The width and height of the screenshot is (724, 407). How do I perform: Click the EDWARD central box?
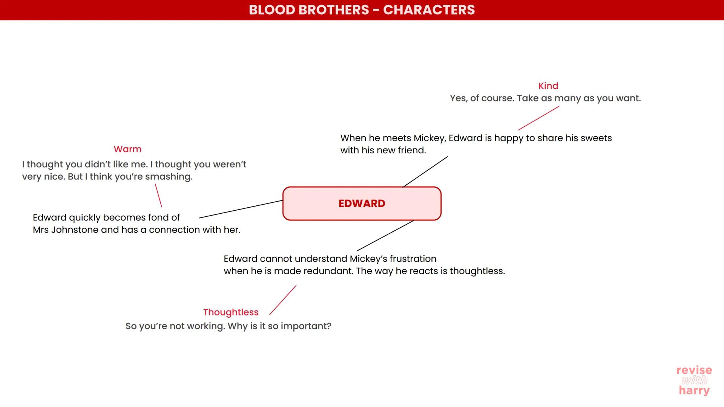[362, 203]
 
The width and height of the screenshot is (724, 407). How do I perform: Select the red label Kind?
[548, 86]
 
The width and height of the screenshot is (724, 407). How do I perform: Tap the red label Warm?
[127, 149]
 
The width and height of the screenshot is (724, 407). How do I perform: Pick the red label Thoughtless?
[231, 312]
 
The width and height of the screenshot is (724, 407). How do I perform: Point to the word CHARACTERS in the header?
[429, 10]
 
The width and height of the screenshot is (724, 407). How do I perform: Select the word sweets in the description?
[596, 138]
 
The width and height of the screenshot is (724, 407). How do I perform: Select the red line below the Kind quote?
[538, 118]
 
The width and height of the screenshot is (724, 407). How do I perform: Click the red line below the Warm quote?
[158, 196]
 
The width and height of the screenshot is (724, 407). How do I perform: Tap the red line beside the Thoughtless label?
[283, 300]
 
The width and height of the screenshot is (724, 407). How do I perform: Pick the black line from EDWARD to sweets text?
[425, 172]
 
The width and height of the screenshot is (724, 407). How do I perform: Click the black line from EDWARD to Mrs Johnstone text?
[241, 209]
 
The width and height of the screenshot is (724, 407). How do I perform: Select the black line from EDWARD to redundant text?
[385, 236]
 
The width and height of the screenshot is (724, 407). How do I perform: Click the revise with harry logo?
[694, 380]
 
